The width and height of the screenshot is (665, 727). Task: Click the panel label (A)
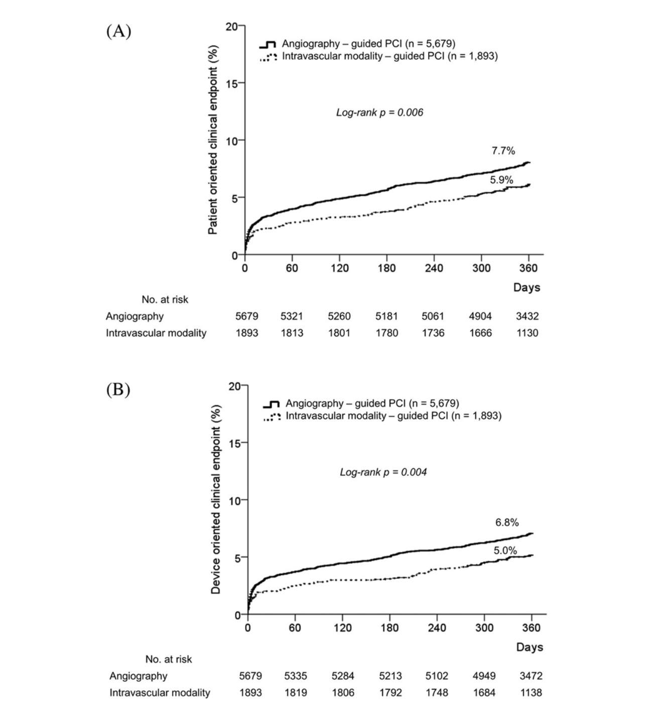pyautogui.click(x=118, y=31)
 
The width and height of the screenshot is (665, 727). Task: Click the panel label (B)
pyautogui.click(x=118, y=390)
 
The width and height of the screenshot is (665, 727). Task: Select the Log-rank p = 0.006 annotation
pyautogui.click(x=379, y=112)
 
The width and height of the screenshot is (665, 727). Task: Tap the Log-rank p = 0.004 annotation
pyautogui.click(x=383, y=472)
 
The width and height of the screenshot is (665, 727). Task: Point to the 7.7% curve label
pyautogui.click(x=503, y=151)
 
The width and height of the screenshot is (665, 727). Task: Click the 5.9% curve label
pyautogui.click(x=501, y=180)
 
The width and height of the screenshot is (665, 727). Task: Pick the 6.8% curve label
pyautogui.click(x=507, y=523)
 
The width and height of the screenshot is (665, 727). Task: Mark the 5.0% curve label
pyautogui.click(x=505, y=551)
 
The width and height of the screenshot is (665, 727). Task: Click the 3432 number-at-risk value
pyautogui.click(x=527, y=316)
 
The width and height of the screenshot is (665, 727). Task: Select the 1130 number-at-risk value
pyautogui.click(x=527, y=333)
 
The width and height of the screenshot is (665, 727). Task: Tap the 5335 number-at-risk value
pyautogui.click(x=295, y=676)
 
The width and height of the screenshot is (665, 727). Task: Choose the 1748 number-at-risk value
pyautogui.click(x=437, y=692)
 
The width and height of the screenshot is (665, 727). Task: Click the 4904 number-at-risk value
pyautogui.click(x=480, y=316)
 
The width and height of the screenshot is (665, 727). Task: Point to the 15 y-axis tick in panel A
pyautogui.click(x=231, y=83)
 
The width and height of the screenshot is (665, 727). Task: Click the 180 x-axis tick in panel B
pyautogui.click(x=389, y=628)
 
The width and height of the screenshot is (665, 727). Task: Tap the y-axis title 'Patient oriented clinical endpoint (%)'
pyautogui.click(x=213, y=140)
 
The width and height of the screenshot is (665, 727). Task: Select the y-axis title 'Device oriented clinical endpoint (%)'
pyautogui.click(x=216, y=500)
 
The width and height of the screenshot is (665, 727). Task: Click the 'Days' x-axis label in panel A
pyautogui.click(x=526, y=288)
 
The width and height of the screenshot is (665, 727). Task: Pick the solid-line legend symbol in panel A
pyautogui.click(x=271, y=44)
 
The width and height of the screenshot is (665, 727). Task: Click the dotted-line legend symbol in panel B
pyautogui.click(x=272, y=416)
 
